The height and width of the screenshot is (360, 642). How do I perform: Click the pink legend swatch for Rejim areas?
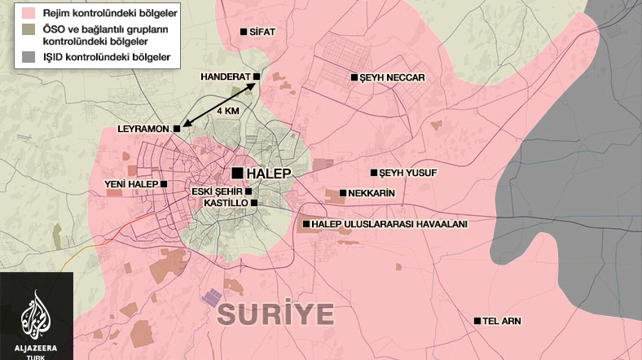tap(11, 13)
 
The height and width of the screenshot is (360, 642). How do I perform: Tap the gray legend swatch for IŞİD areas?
tap(11, 58)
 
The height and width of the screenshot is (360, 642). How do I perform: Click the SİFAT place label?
tap(264, 32)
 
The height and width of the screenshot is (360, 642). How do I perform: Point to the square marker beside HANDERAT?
tap(256, 77)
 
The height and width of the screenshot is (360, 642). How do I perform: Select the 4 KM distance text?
tap(227, 110)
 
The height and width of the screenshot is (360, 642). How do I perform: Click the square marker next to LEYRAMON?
tap(176, 129)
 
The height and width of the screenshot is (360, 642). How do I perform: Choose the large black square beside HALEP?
tap(237, 173)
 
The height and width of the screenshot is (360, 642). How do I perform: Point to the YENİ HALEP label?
tap(131, 184)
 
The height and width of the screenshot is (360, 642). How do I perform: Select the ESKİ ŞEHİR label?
tap(216, 191)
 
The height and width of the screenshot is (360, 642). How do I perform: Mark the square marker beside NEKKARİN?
tap(342, 194)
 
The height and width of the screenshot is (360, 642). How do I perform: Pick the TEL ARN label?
tap(501, 321)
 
